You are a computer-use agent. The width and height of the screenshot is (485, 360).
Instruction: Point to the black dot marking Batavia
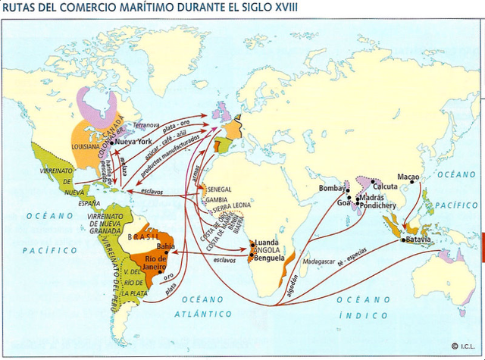click(x=402, y=240)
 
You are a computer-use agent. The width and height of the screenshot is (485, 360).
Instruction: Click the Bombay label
click(x=332, y=187)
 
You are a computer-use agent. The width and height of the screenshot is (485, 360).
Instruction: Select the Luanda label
click(x=270, y=243)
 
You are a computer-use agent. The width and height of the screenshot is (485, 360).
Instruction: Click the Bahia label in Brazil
click(x=165, y=246)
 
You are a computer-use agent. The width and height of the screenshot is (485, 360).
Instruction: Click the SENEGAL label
click(x=220, y=189)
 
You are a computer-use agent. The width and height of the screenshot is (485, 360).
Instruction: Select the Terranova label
click(x=145, y=124)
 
